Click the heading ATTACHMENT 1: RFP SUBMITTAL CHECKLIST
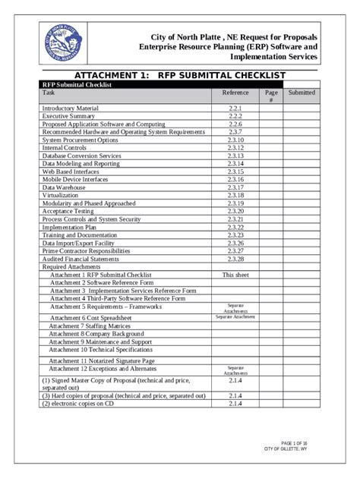[179, 75]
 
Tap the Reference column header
[235, 93]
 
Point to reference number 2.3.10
[235, 140]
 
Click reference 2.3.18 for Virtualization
[235, 195]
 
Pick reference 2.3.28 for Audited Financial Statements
[235, 259]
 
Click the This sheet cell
[235, 275]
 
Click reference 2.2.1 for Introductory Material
[235, 109]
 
